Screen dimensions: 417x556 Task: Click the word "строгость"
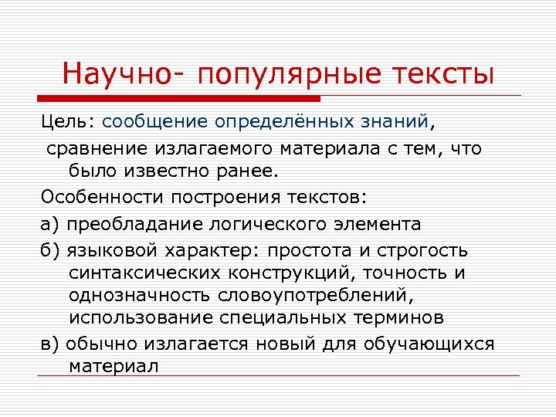tap(432, 252)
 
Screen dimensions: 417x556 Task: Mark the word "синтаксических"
tap(146, 274)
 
